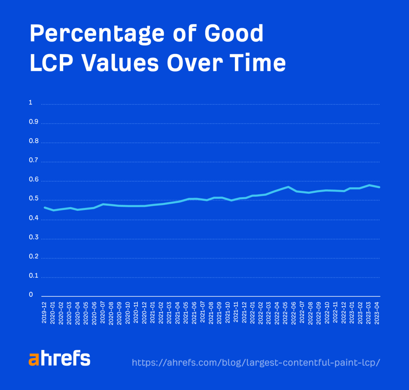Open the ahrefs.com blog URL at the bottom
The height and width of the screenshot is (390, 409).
(x=256, y=362)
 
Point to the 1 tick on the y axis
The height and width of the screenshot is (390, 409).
(x=30, y=103)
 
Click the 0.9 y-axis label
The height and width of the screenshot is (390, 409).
(x=33, y=122)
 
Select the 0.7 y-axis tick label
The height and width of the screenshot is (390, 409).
(x=33, y=161)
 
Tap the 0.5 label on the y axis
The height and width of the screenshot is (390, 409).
(x=33, y=199)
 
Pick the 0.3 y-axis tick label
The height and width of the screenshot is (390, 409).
(x=33, y=238)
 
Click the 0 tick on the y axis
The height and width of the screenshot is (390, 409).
(x=30, y=295)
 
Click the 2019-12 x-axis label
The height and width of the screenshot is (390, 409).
(x=44, y=313)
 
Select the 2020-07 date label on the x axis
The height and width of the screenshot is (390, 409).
(x=103, y=313)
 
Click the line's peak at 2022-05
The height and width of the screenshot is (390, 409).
(x=288, y=187)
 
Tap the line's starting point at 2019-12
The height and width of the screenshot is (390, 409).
(x=44, y=207)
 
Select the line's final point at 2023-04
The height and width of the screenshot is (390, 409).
(x=379, y=187)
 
